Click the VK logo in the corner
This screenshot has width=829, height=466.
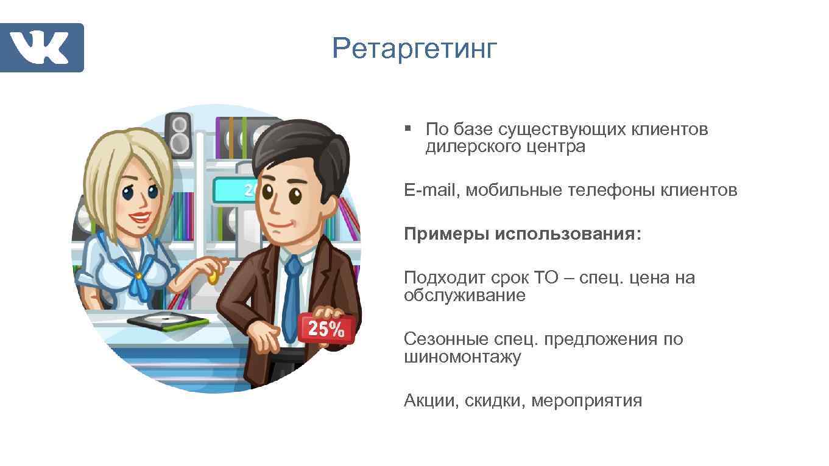(41, 47)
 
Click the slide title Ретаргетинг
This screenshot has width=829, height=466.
(414, 49)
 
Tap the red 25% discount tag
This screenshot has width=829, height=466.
(326, 329)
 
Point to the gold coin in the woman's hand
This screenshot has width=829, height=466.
(213, 277)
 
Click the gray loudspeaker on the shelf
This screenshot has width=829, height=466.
(178, 135)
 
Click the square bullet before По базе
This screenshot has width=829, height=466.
(408, 129)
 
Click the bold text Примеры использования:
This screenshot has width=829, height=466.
(523, 234)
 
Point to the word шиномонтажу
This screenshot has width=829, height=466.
(462, 357)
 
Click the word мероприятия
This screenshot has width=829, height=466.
(587, 401)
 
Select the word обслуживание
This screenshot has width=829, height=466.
(464, 296)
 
